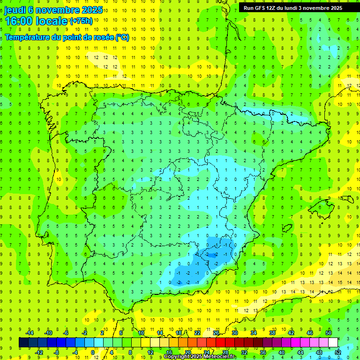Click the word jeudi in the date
tap(15, 10)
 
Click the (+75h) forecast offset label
tap(81, 21)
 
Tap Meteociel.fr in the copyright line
tap(220, 357)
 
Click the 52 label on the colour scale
tap(337, 352)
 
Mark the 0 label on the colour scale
tap(92, 352)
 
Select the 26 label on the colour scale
tap(216, 332)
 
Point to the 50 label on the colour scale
tap(329, 332)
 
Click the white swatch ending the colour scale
tap(333, 343)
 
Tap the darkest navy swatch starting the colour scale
tap(23, 343)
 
